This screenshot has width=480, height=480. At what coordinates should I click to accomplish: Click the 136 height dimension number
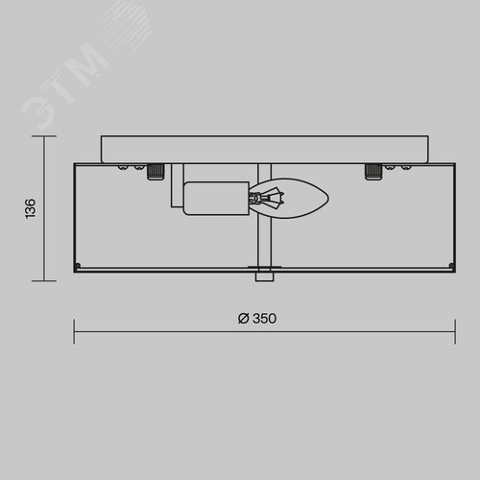click(31, 208)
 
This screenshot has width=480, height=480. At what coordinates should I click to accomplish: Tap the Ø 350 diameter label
click(257, 319)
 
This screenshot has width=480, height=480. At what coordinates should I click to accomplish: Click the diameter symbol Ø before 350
click(243, 319)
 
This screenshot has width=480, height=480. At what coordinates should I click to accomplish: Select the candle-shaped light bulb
click(289, 199)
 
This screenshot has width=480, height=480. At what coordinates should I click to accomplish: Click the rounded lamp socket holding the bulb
click(216, 199)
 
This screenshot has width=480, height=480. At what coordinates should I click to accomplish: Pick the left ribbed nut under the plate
click(156, 172)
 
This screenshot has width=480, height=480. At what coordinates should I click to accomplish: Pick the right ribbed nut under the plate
click(373, 172)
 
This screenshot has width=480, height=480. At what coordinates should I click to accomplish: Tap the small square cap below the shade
click(265, 277)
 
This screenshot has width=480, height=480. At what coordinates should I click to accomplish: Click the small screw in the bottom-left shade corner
click(78, 265)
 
